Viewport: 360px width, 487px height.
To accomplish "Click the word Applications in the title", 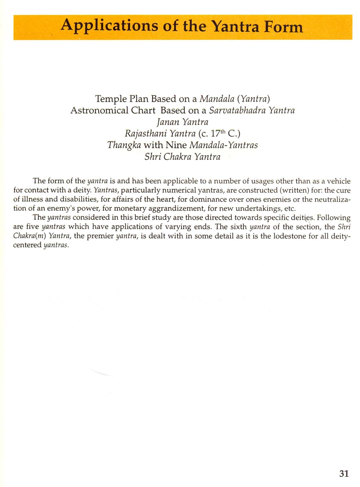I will click(x=109, y=26).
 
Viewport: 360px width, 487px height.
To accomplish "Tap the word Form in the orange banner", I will click(x=283, y=27).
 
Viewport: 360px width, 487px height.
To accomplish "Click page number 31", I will click(x=344, y=473).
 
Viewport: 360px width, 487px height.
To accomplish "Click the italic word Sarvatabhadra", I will click(x=237, y=110).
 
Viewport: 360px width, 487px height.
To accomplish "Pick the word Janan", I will click(x=168, y=122).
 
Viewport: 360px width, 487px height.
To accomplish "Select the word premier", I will click(x=100, y=236).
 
